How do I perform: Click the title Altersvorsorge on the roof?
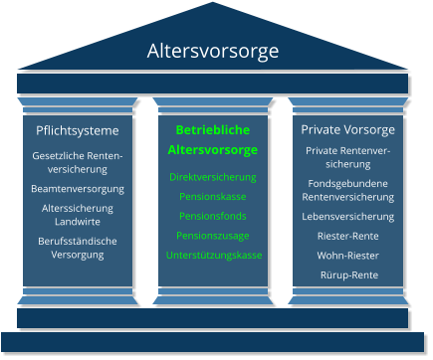pyautogui.click(x=213, y=51)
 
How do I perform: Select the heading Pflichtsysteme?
pyautogui.click(x=78, y=130)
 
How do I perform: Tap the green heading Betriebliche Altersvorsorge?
pyautogui.click(x=212, y=140)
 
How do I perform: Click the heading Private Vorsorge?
pyautogui.click(x=347, y=129)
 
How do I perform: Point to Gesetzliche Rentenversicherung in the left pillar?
pyautogui.click(x=78, y=163)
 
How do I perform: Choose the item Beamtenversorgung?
pyautogui.click(x=78, y=188)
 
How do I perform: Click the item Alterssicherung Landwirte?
pyautogui.click(x=78, y=214)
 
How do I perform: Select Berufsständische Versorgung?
pyautogui.click(x=78, y=248)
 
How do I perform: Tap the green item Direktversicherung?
pyautogui.click(x=212, y=177)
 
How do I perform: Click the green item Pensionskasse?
pyautogui.click(x=212, y=197)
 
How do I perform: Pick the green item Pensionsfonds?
pyautogui.click(x=212, y=216)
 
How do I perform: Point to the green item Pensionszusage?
pyautogui.click(x=212, y=236)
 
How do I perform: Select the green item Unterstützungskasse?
pyautogui.click(x=214, y=256)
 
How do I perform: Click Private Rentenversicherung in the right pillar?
pyautogui.click(x=347, y=157)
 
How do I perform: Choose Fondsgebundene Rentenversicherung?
pyautogui.click(x=347, y=190)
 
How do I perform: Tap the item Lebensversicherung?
pyautogui.click(x=347, y=216)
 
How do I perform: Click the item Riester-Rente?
pyautogui.click(x=347, y=236)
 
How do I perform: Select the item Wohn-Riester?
pyautogui.click(x=347, y=255)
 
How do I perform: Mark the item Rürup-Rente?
pyautogui.click(x=347, y=274)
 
